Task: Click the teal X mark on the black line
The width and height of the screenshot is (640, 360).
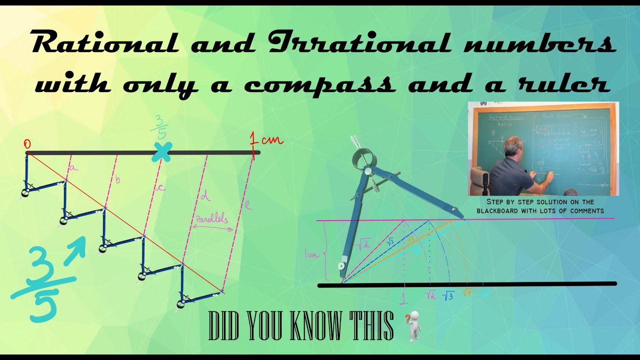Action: coord(162,152)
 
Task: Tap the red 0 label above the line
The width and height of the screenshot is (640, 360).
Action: coord(27,144)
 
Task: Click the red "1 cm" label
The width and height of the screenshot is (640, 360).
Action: coord(267,141)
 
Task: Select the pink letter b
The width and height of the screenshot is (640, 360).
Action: coord(117,180)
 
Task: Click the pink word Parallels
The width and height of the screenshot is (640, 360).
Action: coord(211,218)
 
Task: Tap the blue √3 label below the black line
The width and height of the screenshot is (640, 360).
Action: coord(448,295)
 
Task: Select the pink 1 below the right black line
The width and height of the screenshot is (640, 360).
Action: coord(403,298)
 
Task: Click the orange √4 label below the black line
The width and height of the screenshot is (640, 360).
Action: coord(467,293)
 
